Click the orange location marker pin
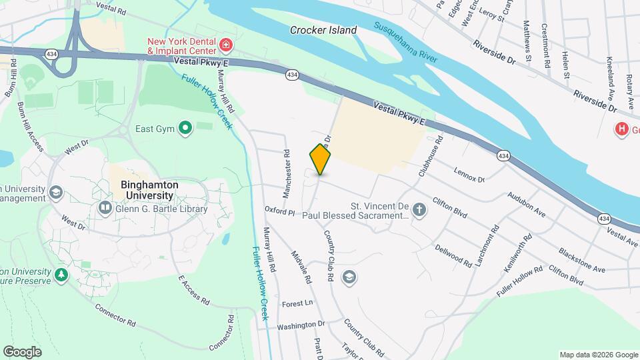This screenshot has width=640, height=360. pyautogui.click(x=321, y=159)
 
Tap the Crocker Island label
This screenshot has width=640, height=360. pyautogui.click(x=323, y=30)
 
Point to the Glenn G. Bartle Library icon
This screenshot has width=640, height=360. pyautogui.click(x=105, y=209)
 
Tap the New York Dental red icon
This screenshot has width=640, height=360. pyautogui.click(x=227, y=45)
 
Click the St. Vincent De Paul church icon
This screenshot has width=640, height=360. pyautogui.click(x=419, y=211)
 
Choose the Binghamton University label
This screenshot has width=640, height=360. pyautogui.click(x=147, y=190)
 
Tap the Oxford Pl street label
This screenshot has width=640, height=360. pyautogui.click(x=279, y=212)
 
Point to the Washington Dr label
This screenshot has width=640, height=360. pyautogui.click(x=301, y=325)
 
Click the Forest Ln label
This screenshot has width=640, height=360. pyautogui.click(x=297, y=303)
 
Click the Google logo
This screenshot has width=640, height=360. pyautogui.click(x=22, y=351)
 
